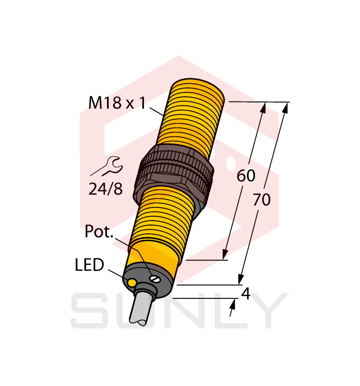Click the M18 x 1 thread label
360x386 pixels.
click(x=116, y=103)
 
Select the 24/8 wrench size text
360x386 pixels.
click(x=105, y=189)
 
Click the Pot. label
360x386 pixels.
click(x=99, y=232)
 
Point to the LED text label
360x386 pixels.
click(x=89, y=265)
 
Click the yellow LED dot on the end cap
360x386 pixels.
click(x=132, y=283)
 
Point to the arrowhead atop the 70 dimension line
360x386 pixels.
click(x=285, y=108)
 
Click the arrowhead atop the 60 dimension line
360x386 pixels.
click(x=264, y=108)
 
